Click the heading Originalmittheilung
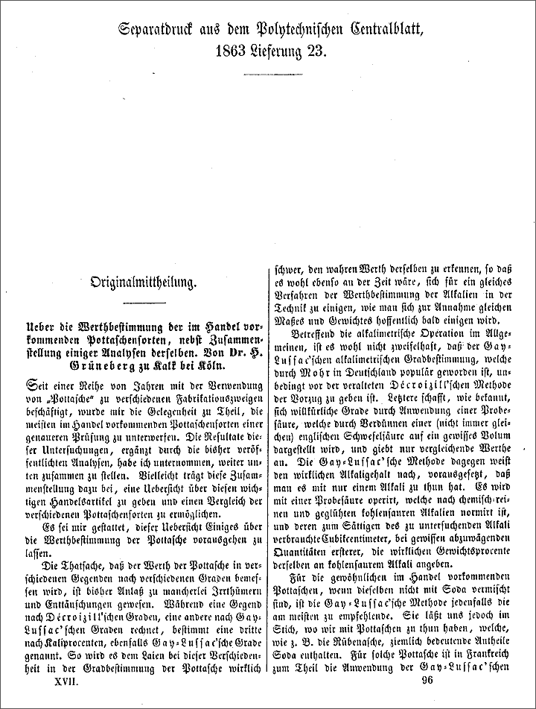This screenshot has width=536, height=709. [144, 283]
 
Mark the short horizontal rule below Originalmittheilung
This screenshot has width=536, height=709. [144, 302]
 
